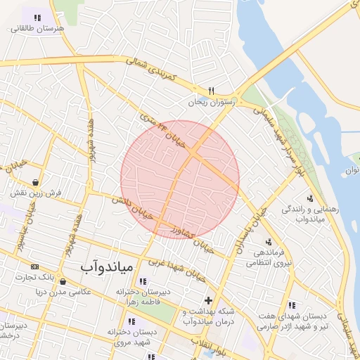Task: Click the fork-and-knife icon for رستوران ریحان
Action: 211,91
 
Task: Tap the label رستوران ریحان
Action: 214,102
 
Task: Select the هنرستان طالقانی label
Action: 36,28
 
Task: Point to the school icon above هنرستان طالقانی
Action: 36,17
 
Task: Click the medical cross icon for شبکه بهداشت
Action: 207,300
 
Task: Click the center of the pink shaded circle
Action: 180,179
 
